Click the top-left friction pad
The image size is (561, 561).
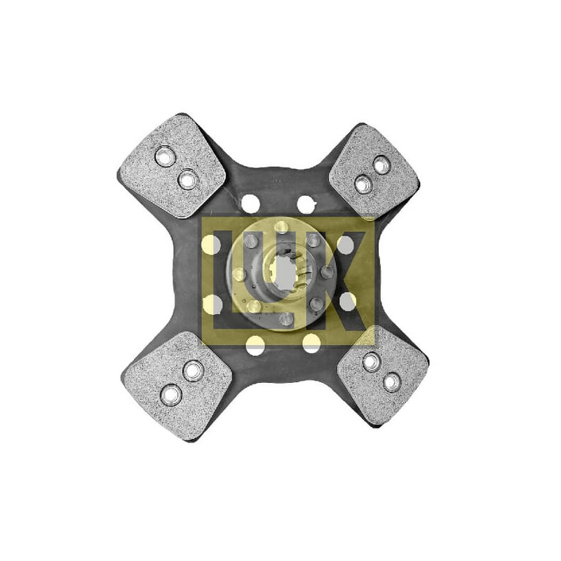172,166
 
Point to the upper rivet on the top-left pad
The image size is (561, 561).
165,156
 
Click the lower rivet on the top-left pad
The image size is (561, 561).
188,180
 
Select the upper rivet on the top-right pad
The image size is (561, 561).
381,165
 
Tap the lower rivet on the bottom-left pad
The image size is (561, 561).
171,395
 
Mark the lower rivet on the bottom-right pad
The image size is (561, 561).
392,382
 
